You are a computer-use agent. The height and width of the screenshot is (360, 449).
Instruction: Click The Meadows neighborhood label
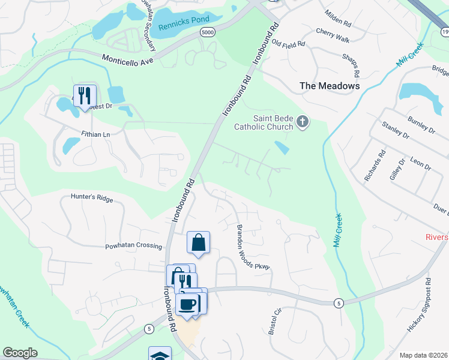[x=330, y=86]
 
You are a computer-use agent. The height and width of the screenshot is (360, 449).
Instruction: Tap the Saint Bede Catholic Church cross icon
[x=303, y=122]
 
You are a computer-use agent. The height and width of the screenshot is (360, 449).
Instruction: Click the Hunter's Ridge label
[x=91, y=196]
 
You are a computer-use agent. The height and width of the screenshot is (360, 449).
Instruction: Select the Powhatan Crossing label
[x=133, y=246]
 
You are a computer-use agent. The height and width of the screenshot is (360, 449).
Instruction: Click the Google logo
[x=20, y=353]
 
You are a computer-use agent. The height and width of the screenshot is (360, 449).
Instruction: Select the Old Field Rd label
[x=288, y=42]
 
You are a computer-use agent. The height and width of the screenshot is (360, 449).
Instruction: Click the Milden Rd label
[x=337, y=19]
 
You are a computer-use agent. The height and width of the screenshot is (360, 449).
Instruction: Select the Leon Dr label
[x=420, y=163]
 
